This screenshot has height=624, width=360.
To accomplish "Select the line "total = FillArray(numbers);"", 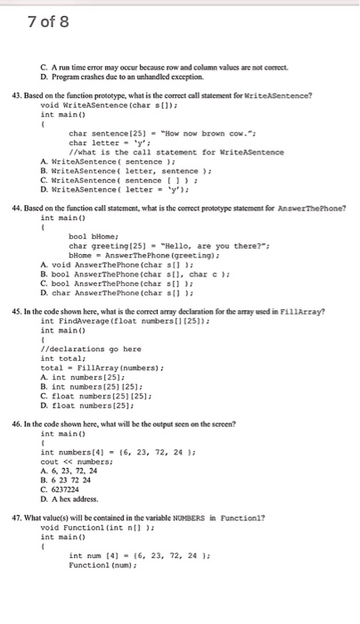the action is (x=92, y=367).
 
